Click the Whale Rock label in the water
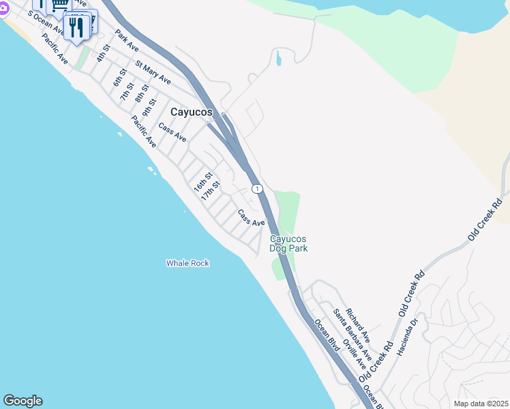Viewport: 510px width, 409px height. tap(187, 263)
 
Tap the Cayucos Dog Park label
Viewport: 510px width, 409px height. tap(288, 243)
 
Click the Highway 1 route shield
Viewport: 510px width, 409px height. tap(256, 188)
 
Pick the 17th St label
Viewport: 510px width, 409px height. tap(211, 190)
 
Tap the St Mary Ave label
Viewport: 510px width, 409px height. tap(153, 74)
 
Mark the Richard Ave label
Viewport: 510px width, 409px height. tap(357, 326)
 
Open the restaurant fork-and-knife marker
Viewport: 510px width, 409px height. tap(76, 28)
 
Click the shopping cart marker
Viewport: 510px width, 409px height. tap(59, 5)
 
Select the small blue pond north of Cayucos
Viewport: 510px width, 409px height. tap(278, 59)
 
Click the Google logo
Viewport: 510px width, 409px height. tap(22, 401)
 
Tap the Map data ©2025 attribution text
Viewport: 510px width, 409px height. tap(481, 404)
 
